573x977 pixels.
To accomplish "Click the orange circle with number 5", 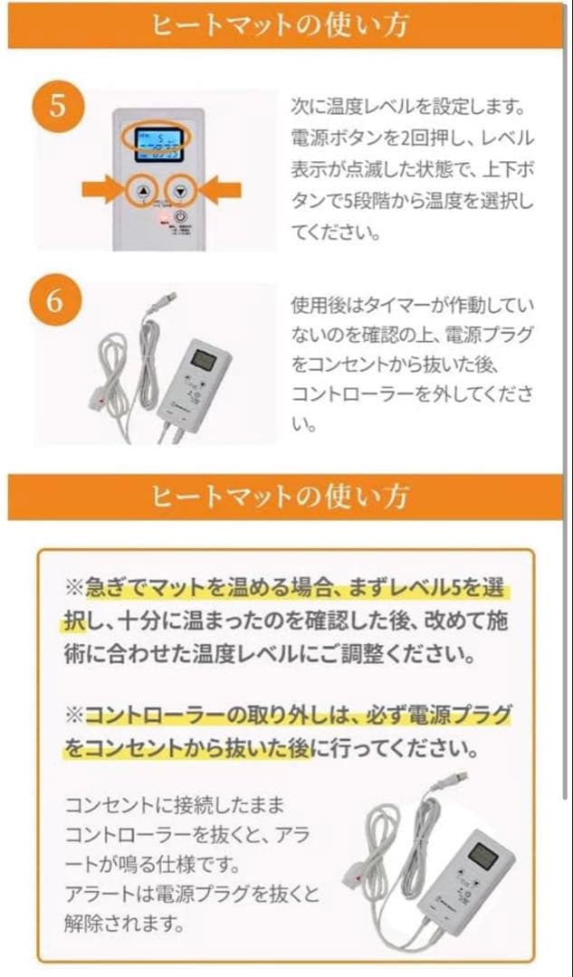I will (x=57, y=107).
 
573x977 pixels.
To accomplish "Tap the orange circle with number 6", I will (x=57, y=302).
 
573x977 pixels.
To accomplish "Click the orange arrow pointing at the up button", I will (x=103, y=190).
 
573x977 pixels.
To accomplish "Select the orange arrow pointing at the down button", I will (x=221, y=190).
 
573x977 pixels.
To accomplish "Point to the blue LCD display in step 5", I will (x=155, y=144).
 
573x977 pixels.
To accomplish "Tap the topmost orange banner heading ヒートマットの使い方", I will (x=286, y=25).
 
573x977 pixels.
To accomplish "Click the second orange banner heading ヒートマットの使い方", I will (x=286, y=497).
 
